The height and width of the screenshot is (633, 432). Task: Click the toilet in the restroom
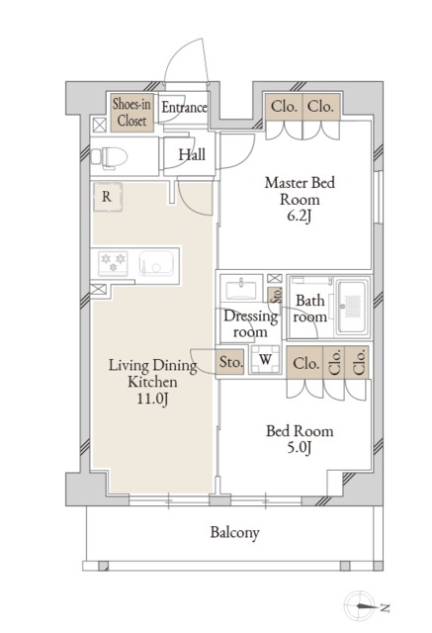point(109,156)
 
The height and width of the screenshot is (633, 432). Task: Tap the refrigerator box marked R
point(108,197)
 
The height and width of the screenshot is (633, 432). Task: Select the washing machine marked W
point(265,359)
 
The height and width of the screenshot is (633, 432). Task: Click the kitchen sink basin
point(157,264)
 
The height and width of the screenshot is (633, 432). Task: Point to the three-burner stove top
point(113,263)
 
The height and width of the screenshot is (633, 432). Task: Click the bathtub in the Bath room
point(353,307)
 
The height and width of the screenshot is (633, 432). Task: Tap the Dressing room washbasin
point(241,289)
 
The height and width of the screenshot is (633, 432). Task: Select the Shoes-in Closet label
point(131,112)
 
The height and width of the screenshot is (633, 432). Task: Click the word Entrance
point(184,108)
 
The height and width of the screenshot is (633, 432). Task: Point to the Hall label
point(192,154)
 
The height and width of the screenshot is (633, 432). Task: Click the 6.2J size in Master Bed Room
point(299,217)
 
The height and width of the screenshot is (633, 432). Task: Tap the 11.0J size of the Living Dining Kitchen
point(152,399)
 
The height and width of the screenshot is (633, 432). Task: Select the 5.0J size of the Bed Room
point(300,448)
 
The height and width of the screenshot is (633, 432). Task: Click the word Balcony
point(234,532)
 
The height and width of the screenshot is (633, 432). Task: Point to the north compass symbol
point(364,606)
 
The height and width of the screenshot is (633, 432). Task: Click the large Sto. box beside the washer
point(230,362)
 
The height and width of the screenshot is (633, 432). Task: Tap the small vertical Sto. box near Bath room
point(277,295)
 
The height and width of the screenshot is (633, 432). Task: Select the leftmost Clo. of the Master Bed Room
point(284,107)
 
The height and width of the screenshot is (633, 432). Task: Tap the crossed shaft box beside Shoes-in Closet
point(99,126)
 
